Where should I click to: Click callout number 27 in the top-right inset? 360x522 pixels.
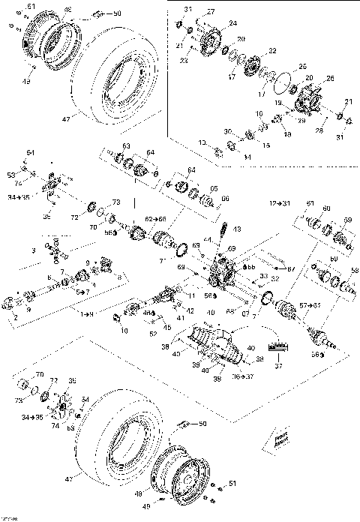(x=211, y=12)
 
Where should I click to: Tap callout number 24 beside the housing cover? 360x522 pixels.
(x=233, y=23)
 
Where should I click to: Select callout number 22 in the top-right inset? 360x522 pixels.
(x=272, y=51)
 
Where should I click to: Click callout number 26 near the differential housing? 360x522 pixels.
(x=331, y=79)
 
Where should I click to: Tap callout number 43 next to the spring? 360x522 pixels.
(x=237, y=229)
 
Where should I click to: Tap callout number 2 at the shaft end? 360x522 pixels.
(x=14, y=317)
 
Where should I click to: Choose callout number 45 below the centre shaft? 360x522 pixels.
(x=168, y=326)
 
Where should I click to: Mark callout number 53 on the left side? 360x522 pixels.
(x=11, y=174)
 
